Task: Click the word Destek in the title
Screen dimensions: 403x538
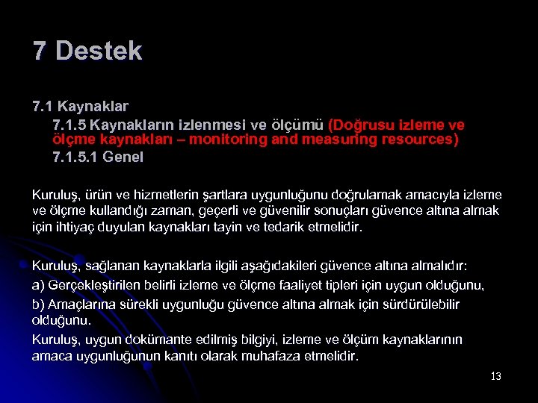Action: [x=99, y=51]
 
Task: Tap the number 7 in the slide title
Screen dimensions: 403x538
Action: [x=40, y=51]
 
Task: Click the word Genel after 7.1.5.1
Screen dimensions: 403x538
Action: [x=123, y=157]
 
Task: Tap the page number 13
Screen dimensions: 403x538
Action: [x=495, y=376]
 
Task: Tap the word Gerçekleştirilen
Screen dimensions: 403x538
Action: [x=95, y=285]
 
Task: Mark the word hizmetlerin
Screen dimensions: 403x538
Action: [x=149, y=194]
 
